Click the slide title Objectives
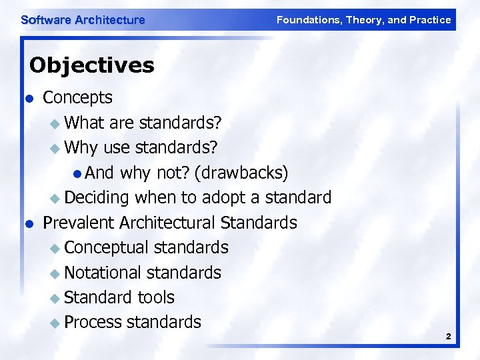tap(92, 65)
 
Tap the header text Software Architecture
tap(83, 20)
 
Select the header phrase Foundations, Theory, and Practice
tap(363, 20)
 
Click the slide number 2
tap(449, 337)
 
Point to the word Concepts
tap(77, 97)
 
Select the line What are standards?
tap(143, 123)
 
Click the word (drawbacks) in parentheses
tap(241, 173)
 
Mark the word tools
tap(156, 297)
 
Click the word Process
tap(93, 322)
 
